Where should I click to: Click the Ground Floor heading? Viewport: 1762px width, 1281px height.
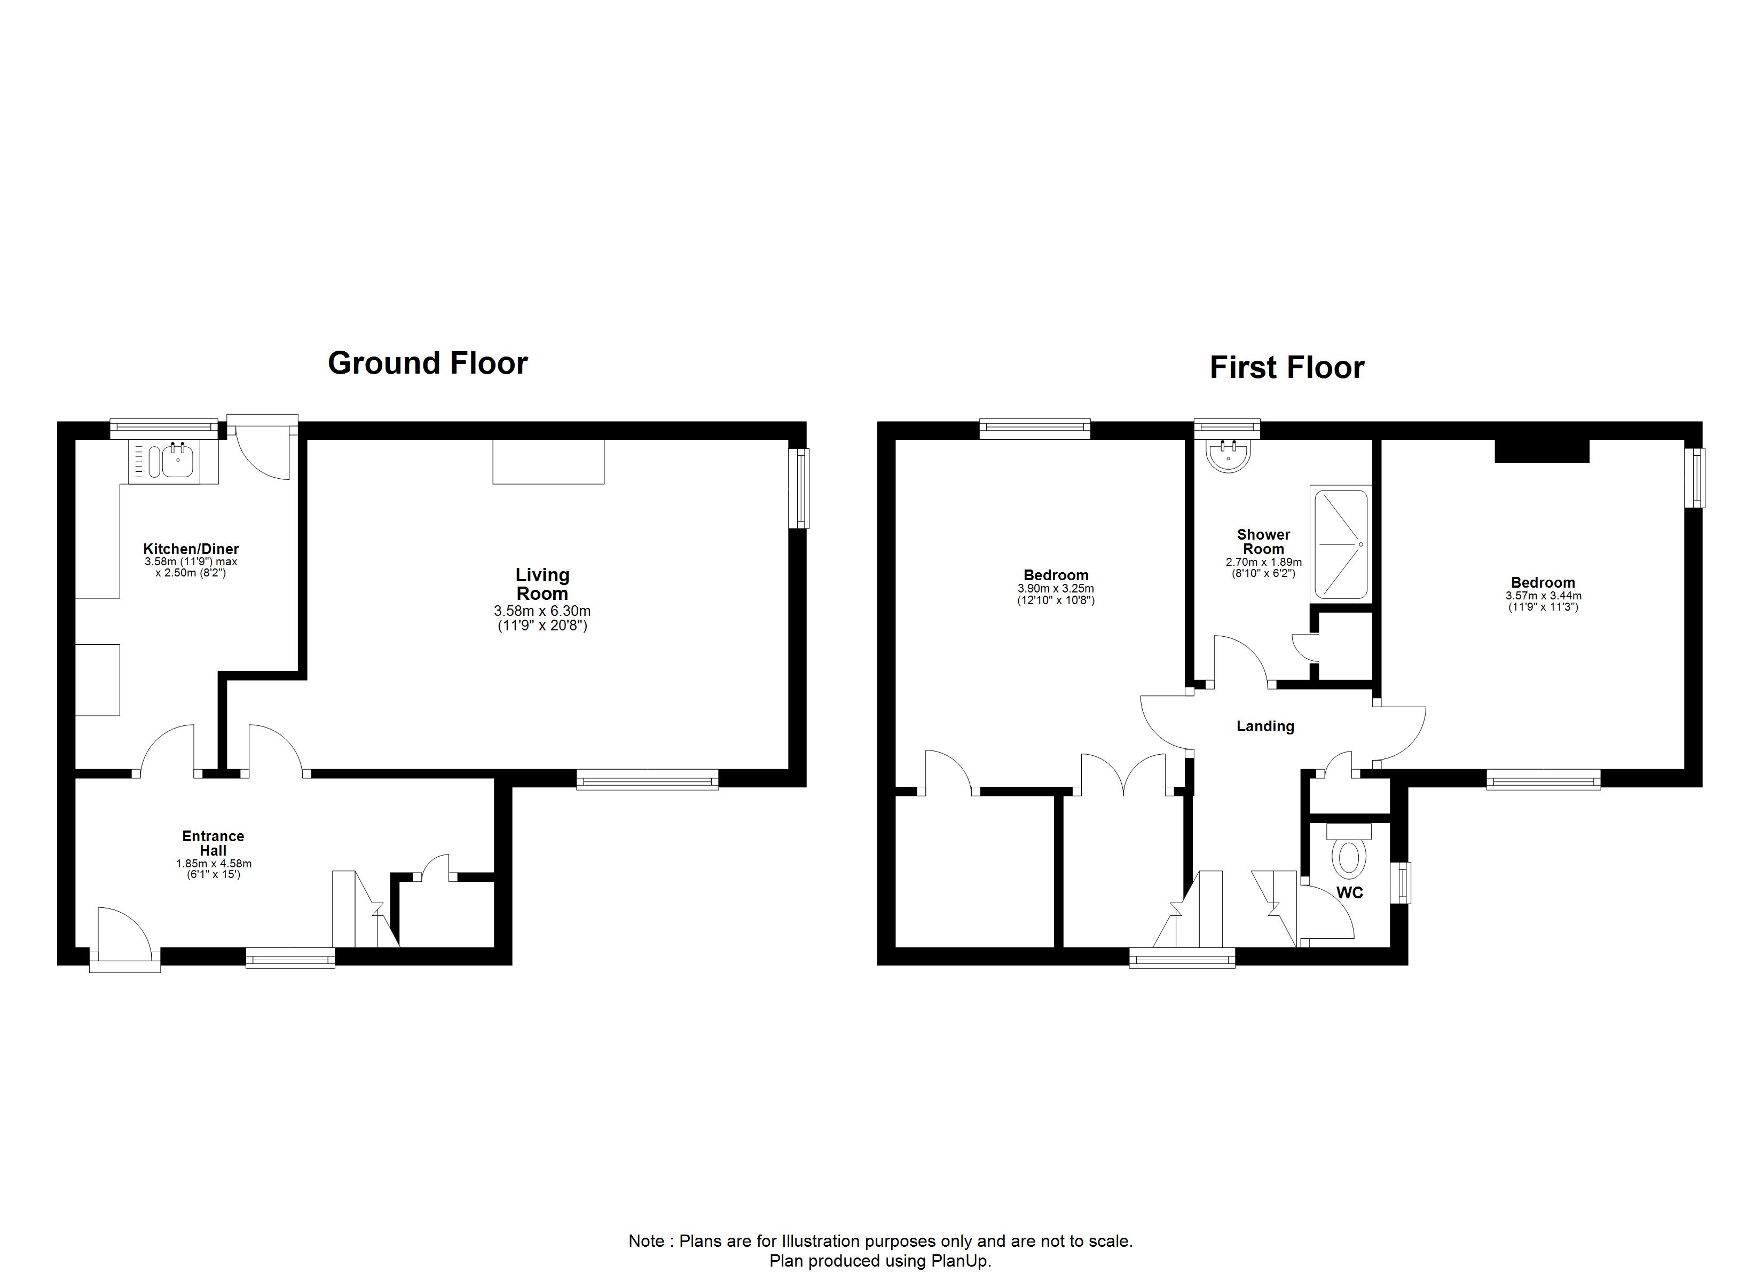[x=428, y=363]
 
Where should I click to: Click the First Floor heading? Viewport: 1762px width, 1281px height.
[x=1287, y=367]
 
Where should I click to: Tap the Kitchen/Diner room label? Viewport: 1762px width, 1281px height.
[x=191, y=549]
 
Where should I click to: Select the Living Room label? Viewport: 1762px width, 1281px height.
[x=542, y=584]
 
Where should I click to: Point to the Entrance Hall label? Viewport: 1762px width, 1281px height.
[x=213, y=843]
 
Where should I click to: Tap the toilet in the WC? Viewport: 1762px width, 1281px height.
[x=1349, y=852]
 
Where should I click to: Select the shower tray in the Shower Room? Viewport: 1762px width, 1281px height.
[x=1340, y=544]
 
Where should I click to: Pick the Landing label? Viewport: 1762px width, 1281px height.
[x=1265, y=726]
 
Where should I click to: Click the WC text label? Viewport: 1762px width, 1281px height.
[x=1349, y=892]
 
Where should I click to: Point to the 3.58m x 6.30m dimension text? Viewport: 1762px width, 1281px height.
[x=542, y=611]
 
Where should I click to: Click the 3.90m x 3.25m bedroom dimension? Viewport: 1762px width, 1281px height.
[x=1056, y=589]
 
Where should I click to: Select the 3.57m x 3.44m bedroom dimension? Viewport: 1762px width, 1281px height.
[x=1543, y=596]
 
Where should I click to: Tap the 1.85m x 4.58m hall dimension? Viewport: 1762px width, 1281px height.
[x=214, y=863]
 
